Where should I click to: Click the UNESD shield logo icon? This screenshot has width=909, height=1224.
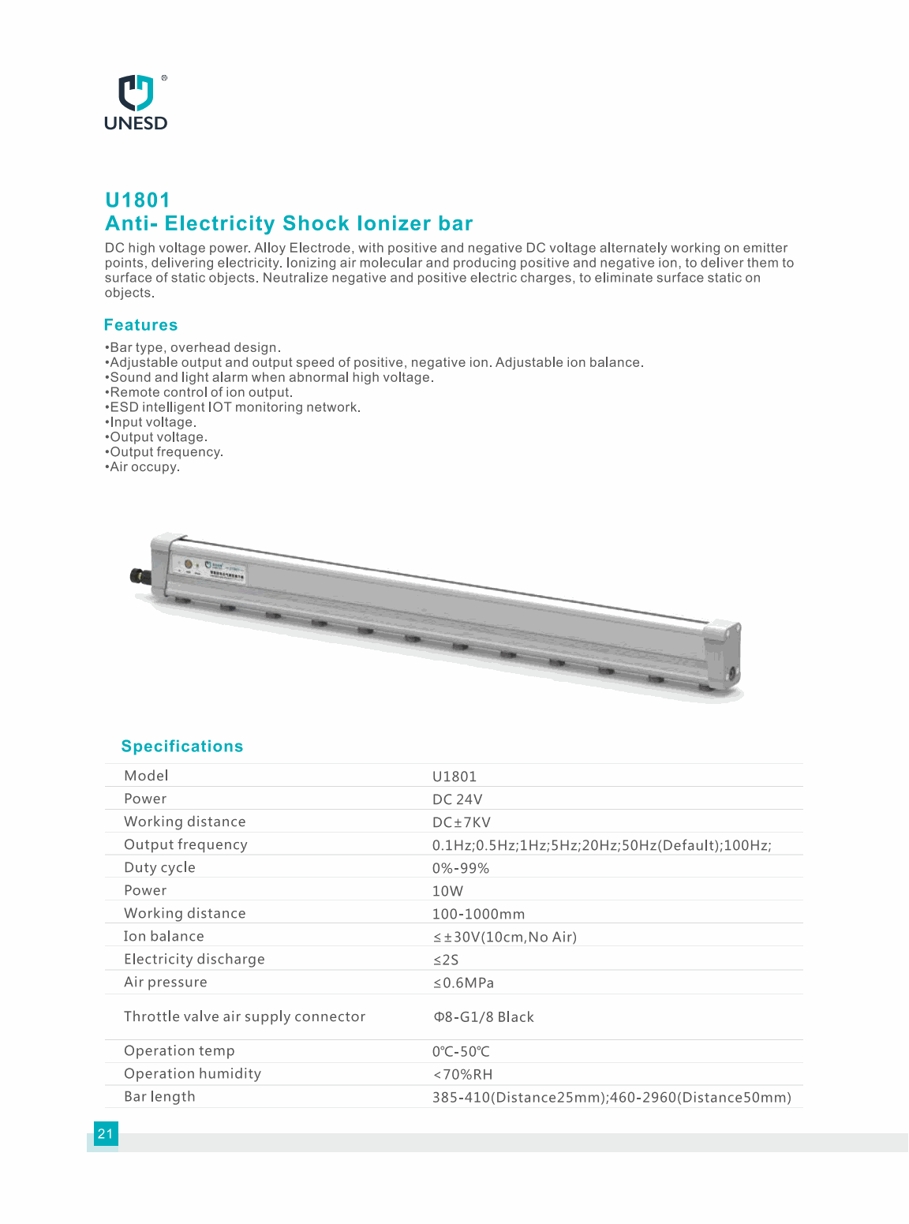pyautogui.click(x=136, y=92)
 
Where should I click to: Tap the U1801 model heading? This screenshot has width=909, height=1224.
pyautogui.click(x=137, y=200)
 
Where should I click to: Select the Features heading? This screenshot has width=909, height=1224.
pyautogui.click(x=140, y=325)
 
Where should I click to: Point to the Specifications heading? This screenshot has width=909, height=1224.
pyautogui.click(x=182, y=747)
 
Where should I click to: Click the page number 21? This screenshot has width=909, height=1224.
pyautogui.click(x=105, y=1134)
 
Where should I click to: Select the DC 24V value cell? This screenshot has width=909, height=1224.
pyautogui.click(x=457, y=799)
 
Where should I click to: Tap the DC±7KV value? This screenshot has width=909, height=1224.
pyautogui.click(x=461, y=822)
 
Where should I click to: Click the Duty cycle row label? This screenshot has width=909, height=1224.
pyautogui.click(x=159, y=867)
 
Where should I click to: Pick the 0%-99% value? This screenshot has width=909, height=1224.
pyautogui.click(x=461, y=868)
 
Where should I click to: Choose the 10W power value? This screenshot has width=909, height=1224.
pyautogui.click(x=447, y=891)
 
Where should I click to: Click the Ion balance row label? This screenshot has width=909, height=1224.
pyautogui.click(x=163, y=936)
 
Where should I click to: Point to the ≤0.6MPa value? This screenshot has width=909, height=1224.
pyautogui.click(x=463, y=983)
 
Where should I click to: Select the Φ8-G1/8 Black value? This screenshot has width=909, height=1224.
pyautogui.click(x=484, y=1017)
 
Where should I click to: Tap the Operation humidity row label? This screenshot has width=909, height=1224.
pyautogui.click(x=192, y=1073)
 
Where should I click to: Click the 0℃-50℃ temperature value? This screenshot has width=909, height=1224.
pyautogui.click(x=461, y=1051)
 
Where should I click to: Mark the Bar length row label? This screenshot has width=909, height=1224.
pyautogui.click(x=159, y=1096)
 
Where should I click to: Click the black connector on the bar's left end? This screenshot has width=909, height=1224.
pyautogui.click(x=140, y=575)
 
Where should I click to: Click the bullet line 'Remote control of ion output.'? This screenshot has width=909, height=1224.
pyautogui.click(x=200, y=392)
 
